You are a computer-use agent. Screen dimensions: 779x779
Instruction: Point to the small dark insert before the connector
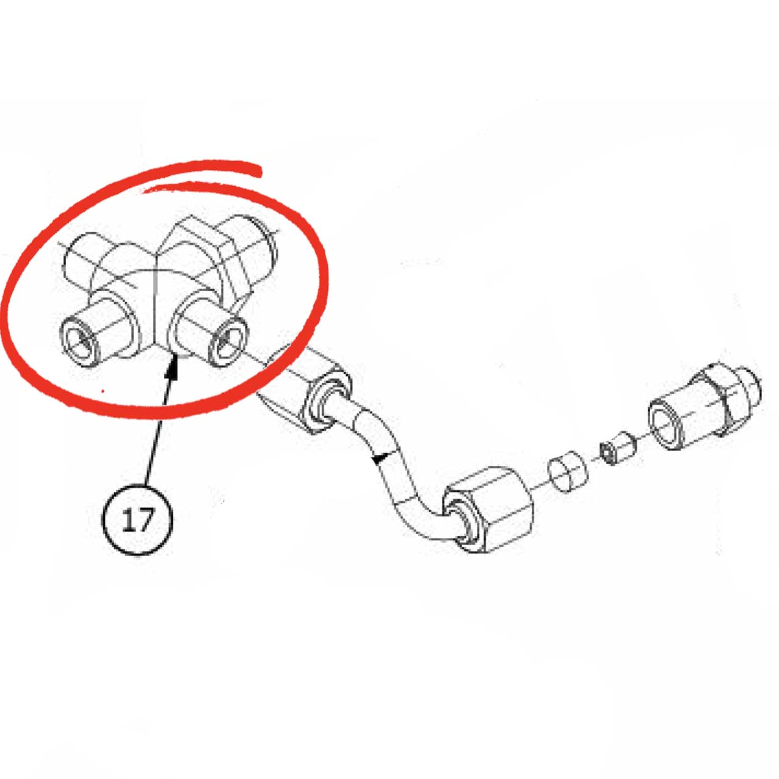(x=617, y=449)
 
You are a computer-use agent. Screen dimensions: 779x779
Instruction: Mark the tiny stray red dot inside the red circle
(x=103, y=391)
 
